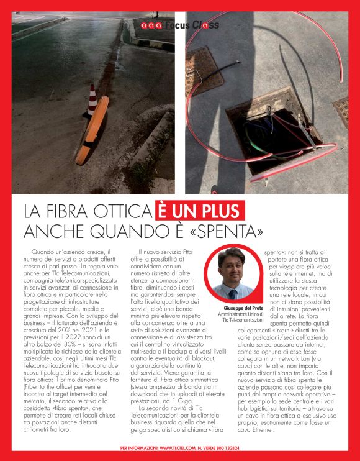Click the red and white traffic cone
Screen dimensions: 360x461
point(92,99)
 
